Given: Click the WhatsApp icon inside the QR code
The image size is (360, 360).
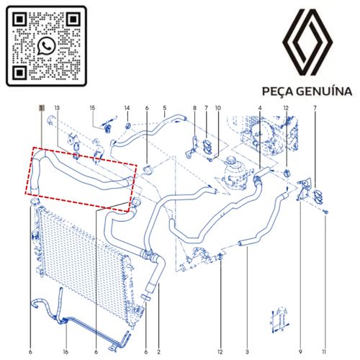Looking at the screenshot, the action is coord(46,46).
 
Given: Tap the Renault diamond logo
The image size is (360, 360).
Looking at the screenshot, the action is coord(307,42).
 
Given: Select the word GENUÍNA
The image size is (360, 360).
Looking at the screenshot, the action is coord(324,91).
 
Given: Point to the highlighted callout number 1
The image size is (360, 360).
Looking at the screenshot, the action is coord(42,108).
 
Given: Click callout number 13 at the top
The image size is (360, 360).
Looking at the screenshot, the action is coord(57,108).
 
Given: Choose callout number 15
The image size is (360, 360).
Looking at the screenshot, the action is coord(92,108).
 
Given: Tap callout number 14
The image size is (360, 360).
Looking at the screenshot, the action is coord(127,108).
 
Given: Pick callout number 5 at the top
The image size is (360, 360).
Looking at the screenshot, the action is coord(165,108).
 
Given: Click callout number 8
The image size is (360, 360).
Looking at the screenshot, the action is coord(194,108).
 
